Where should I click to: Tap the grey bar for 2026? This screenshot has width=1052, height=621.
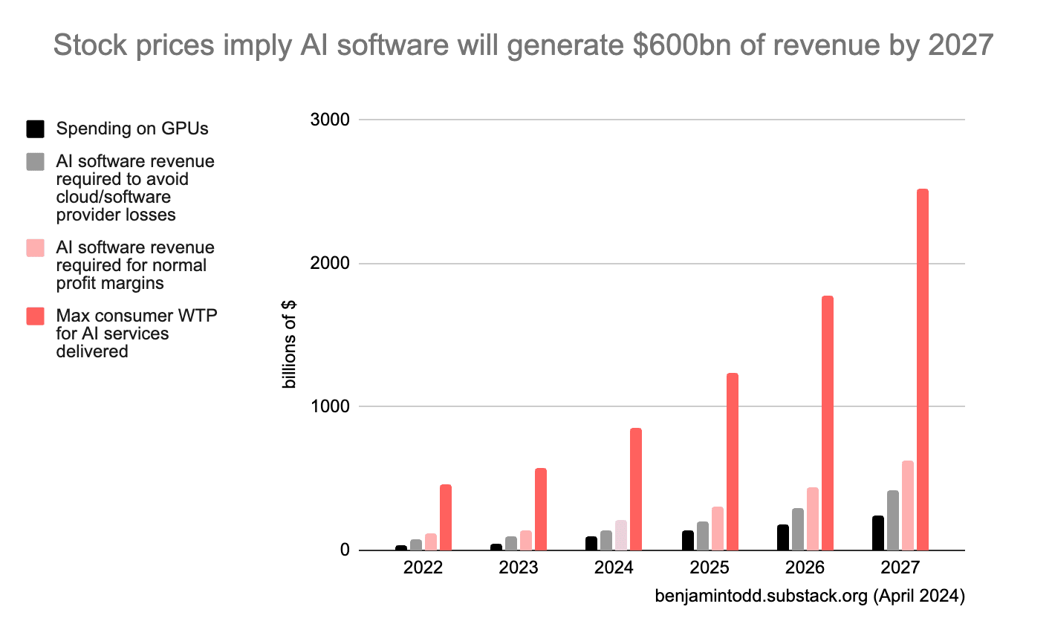point(797,529)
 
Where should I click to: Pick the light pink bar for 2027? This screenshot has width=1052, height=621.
point(907,505)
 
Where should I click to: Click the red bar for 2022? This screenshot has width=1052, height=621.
point(445,517)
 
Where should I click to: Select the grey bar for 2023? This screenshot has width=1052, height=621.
point(511,543)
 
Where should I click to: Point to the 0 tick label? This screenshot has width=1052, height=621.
point(344,550)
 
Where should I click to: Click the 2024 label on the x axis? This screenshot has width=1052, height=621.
point(614,569)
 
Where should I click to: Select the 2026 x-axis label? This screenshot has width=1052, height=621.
point(805,569)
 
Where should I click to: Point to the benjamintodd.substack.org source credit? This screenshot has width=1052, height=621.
point(809,596)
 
